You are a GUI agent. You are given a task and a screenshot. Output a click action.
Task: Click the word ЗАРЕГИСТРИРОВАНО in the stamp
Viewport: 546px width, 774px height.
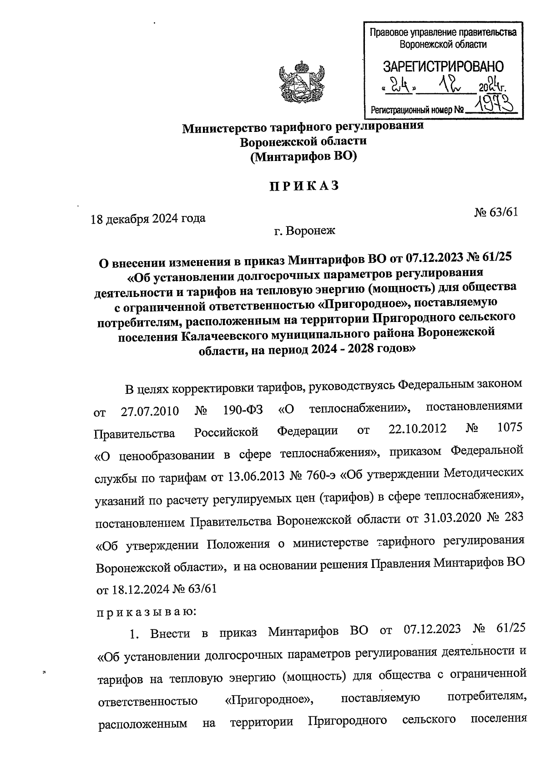(443, 67)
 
